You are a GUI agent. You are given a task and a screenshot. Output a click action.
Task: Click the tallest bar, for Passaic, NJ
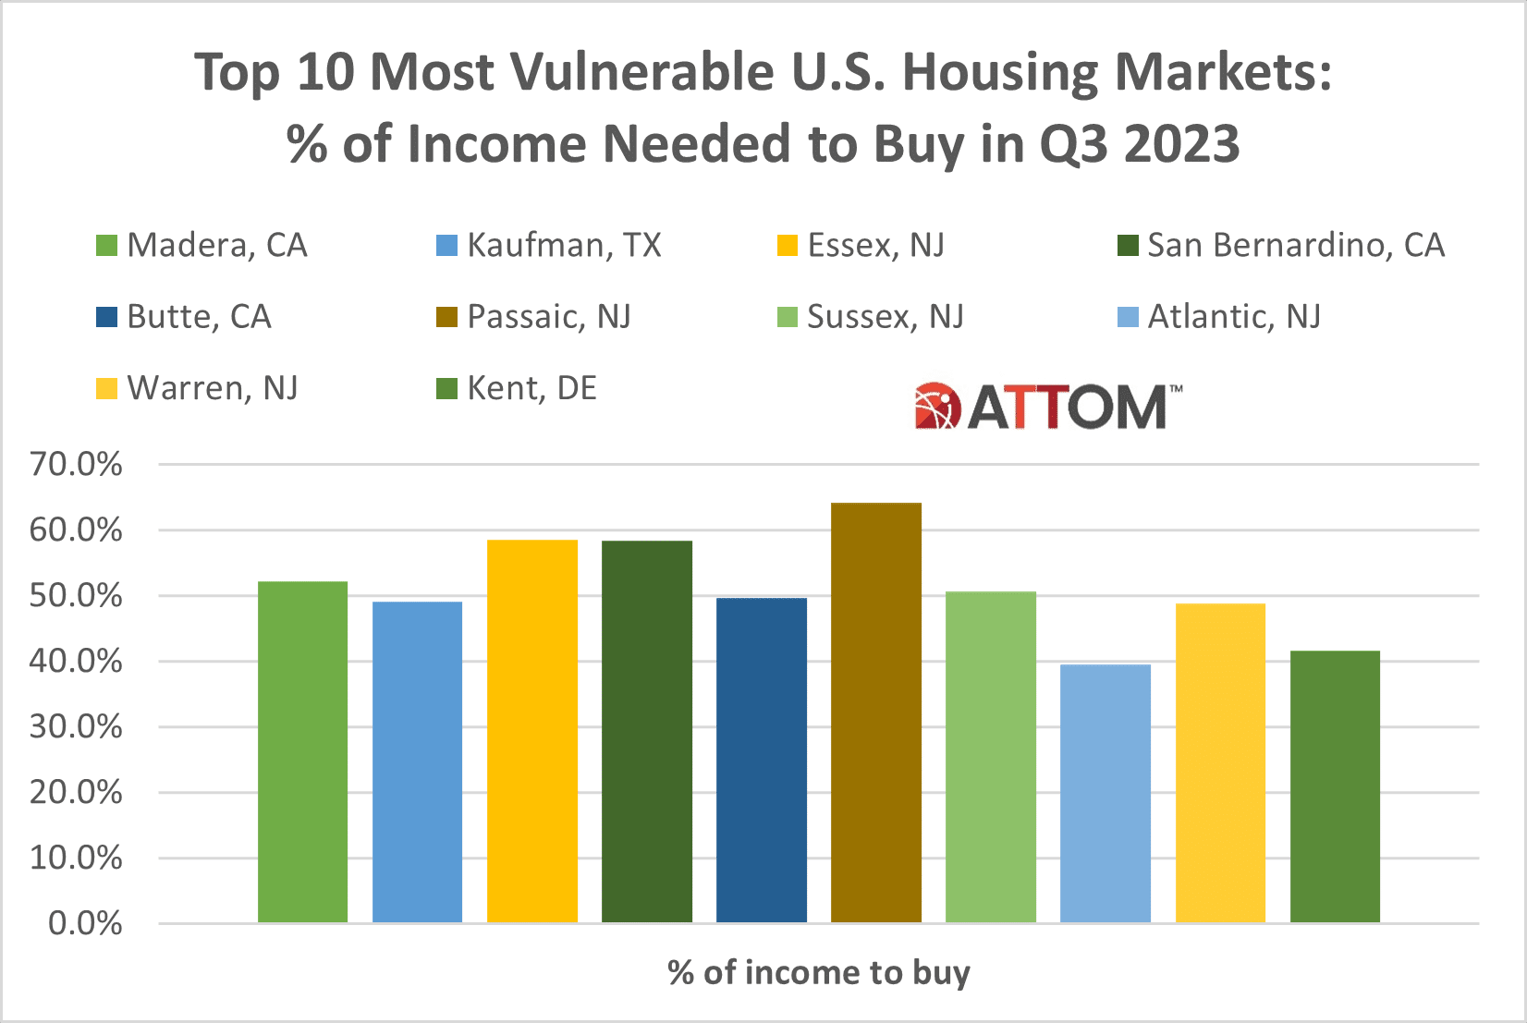(875, 712)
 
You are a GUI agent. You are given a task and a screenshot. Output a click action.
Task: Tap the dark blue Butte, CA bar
(761, 760)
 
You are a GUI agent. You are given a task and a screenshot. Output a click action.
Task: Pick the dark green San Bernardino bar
(646, 731)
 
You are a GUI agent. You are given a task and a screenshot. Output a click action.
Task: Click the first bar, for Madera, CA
(302, 751)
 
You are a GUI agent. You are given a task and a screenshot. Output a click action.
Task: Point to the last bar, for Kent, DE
(1334, 786)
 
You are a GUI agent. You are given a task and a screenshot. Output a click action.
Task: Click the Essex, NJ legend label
(875, 245)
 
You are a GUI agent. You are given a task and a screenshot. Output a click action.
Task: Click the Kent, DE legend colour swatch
(446, 388)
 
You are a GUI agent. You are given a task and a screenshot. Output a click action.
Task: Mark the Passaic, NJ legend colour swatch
(446, 317)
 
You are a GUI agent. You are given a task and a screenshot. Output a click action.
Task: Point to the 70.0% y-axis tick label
(76, 464)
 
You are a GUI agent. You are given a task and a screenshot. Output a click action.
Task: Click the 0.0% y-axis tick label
(85, 923)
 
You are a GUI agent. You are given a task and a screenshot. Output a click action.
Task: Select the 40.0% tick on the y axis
(76, 661)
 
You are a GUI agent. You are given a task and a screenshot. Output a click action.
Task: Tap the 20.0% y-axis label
(76, 792)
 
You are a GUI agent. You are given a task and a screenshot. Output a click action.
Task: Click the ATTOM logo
(1047, 407)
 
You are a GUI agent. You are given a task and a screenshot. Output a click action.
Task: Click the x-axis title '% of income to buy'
(818, 972)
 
